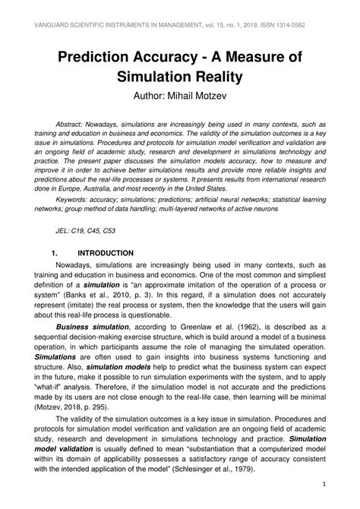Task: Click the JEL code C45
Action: click(x=94, y=228)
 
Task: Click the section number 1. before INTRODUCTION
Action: click(x=55, y=253)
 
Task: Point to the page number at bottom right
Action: click(x=324, y=484)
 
